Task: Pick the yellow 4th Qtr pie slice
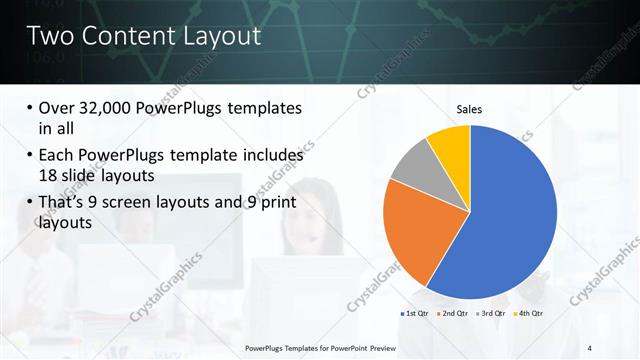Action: pos(451,145)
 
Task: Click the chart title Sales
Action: pos(470,109)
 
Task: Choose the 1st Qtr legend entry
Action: pos(416,314)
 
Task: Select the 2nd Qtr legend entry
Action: pos(457,314)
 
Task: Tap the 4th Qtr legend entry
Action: pos(530,314)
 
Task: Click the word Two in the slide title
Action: pos(49,38)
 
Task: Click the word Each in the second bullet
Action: pos(59,156)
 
